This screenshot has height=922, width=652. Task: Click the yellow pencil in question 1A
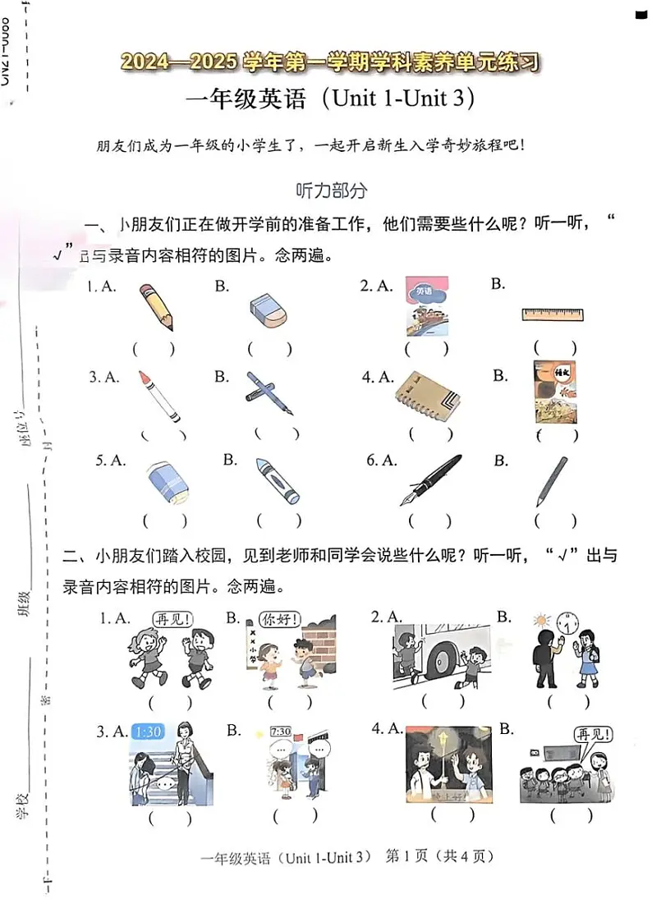click(156, 306)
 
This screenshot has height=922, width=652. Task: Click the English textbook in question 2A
click(426, 306)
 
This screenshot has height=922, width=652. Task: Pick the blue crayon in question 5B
click(277, 481)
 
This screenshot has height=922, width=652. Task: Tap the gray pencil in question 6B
click(549, 481)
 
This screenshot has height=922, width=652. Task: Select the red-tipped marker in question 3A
click(159, 396)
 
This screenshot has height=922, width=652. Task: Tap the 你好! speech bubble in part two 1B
click(279, 618)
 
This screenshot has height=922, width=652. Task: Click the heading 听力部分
click(331, 190)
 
